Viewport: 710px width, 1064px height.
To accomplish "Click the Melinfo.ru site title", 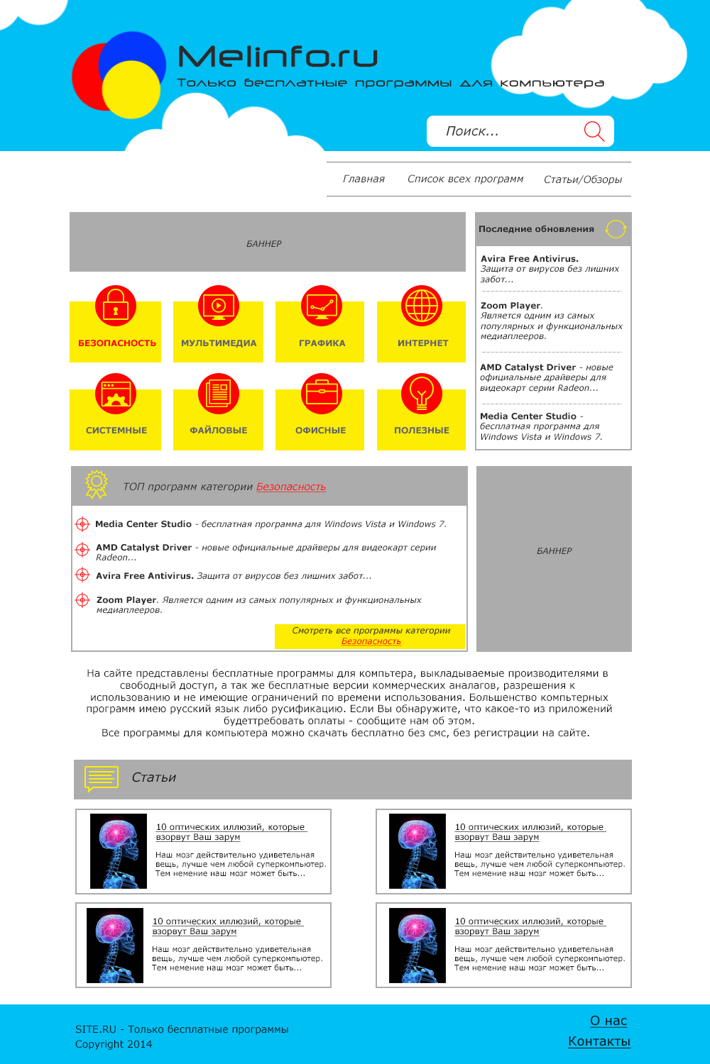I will click(278, 57).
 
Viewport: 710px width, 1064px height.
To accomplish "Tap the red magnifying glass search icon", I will click(594, 131).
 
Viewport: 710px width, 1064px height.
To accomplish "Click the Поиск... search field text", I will click(472, 131).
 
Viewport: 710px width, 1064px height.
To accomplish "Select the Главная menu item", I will click(364, 179).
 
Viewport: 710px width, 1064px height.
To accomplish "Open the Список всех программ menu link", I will click(465, 179).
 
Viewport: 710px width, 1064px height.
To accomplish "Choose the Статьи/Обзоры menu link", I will click(583, 179).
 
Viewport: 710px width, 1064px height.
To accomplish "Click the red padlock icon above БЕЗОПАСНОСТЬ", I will click(116, 305).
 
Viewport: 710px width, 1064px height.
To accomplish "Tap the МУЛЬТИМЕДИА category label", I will click(219, 343).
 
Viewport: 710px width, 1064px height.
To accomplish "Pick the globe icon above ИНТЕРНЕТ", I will click(422, 305).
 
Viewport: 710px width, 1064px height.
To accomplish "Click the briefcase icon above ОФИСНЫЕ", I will click(321, 393).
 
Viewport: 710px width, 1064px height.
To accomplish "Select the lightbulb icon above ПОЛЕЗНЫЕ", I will click(422, 393).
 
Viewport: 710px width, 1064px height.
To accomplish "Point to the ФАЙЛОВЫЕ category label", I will click(219, 431).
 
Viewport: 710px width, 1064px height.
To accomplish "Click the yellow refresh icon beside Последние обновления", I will click(616, 229).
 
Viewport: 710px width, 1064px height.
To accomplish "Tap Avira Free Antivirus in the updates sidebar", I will click(530, 259).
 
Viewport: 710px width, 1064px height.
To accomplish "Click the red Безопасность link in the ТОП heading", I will click(291, 487).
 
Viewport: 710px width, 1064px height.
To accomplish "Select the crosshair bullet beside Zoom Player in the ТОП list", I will click(82, 600).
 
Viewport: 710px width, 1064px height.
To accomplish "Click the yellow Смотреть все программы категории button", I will click(371, 636).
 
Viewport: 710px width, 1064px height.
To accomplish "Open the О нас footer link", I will click(608, 1021).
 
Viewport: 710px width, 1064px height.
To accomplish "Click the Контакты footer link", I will click(599, 1041).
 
